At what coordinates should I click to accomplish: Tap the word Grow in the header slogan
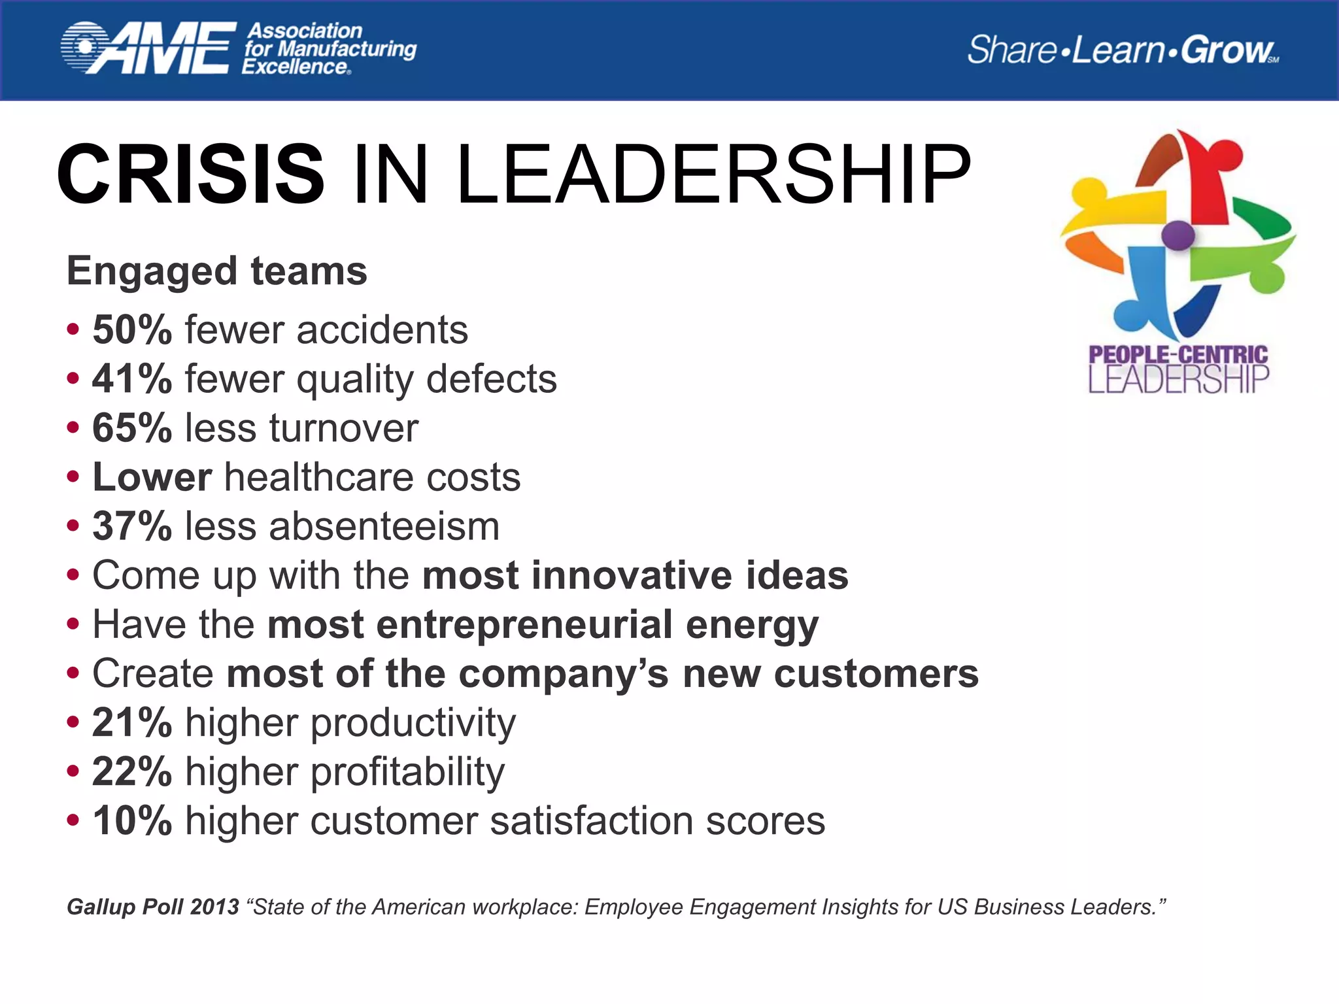1227,50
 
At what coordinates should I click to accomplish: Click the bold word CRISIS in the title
191,175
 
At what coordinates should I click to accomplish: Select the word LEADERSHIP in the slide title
713,175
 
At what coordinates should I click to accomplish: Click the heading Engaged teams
217,271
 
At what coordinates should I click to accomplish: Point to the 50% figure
132,329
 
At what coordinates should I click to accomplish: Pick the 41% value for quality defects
132,378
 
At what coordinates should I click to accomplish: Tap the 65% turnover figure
132,428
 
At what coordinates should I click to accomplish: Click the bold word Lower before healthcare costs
152,477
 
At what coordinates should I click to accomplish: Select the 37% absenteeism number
132,526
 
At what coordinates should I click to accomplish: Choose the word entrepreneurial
524,624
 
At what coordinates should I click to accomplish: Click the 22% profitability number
132,771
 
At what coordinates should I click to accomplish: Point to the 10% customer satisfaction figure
132,820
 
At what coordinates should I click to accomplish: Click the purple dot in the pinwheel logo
1178,235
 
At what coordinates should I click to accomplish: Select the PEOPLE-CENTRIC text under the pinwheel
1178,355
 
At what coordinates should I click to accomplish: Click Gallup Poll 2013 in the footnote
153,907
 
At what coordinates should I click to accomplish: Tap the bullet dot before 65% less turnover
73,428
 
